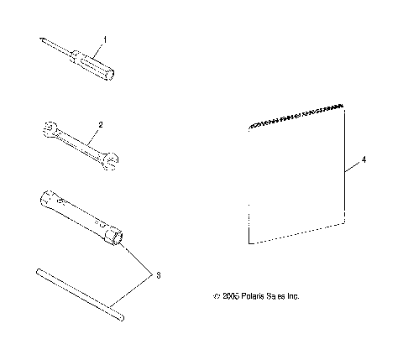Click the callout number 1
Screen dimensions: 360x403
click(x=105, y=40)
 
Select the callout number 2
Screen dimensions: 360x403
click(x=100, y=124)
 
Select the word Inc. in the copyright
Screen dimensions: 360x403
click(x=292, y=296)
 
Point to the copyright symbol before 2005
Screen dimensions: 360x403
click(x=217, y=297)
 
